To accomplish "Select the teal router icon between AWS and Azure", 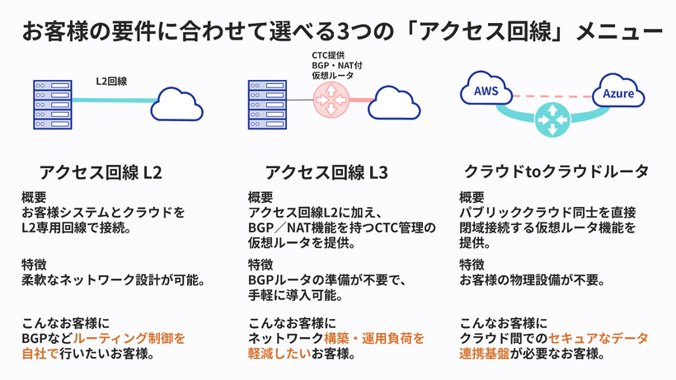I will pos(553,119).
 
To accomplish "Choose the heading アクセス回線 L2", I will pos(101,172).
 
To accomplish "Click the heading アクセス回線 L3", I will pos(326,172).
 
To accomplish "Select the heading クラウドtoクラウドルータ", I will pos(556,172).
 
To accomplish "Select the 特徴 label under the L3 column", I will pos(261,265).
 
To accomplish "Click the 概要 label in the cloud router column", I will pos(472,198).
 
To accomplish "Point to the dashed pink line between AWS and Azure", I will pos(552,95).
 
